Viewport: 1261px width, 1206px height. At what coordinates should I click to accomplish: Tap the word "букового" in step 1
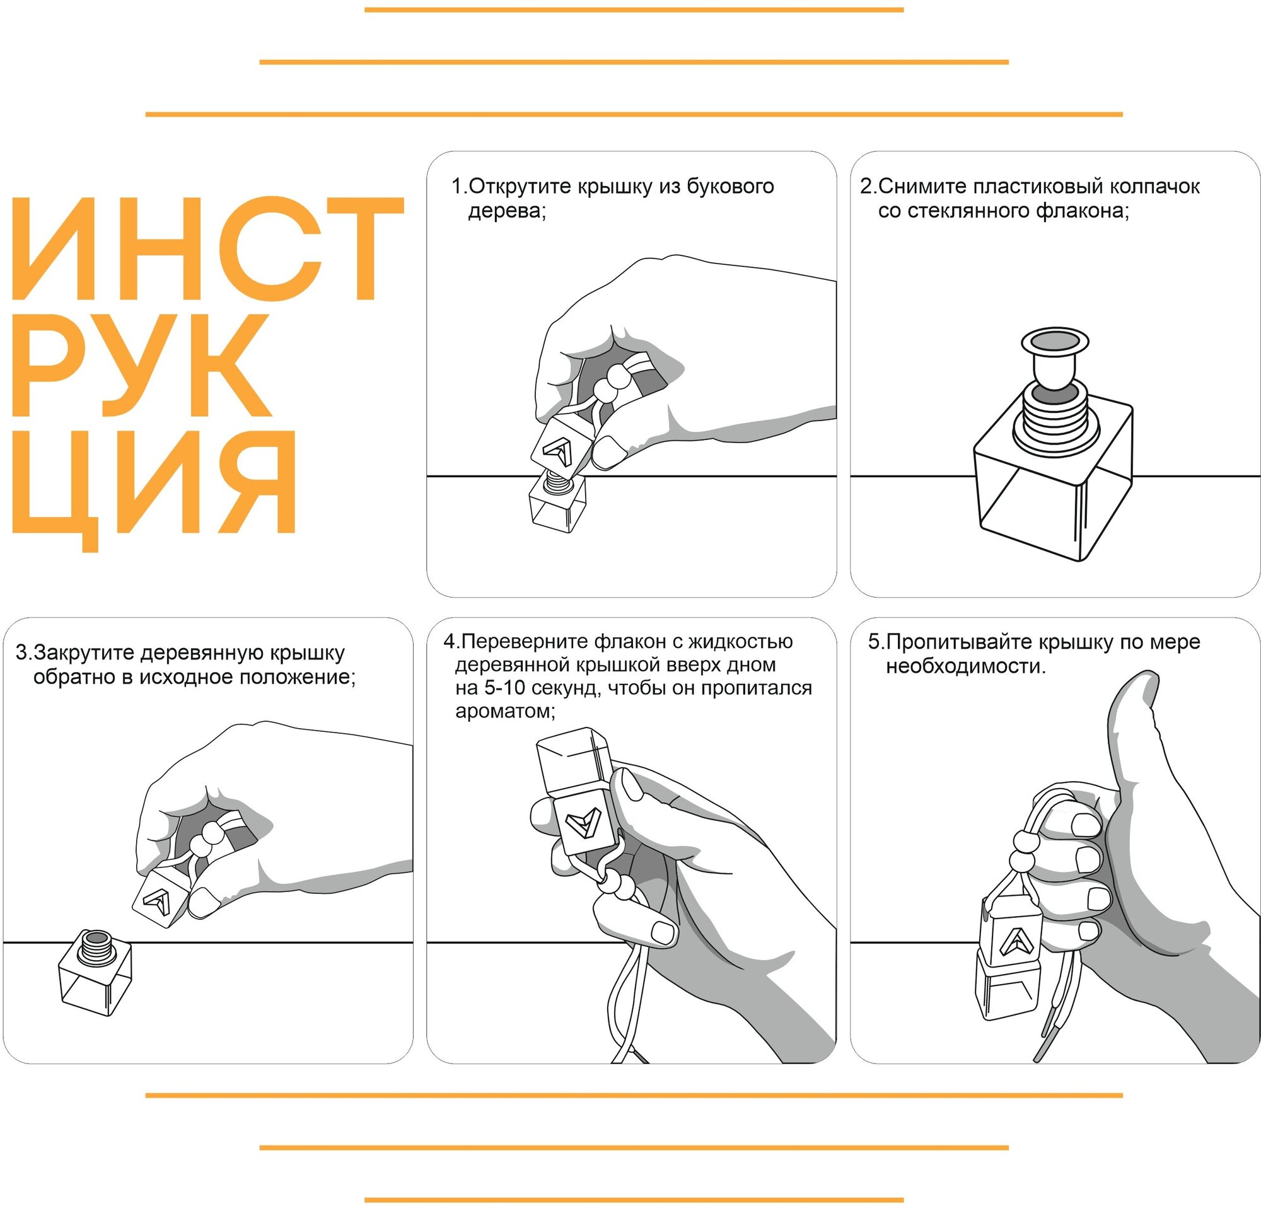click(731, 187)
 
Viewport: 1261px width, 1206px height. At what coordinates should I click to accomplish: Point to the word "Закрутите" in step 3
click(84, 652)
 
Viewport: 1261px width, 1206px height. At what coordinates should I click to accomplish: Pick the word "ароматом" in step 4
click(503, 712)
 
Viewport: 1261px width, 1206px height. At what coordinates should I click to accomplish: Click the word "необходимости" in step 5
click(965, 666)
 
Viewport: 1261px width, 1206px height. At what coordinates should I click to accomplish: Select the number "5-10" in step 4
click(508, 688)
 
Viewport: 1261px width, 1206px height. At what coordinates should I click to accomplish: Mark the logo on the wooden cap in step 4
click(583, 823)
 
